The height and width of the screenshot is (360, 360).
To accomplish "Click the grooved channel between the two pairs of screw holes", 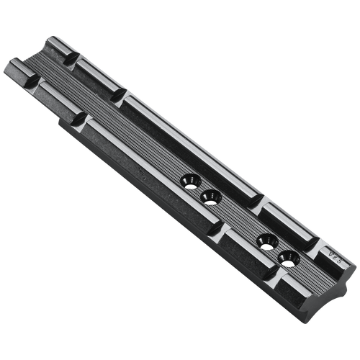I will tap(238, 216).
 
